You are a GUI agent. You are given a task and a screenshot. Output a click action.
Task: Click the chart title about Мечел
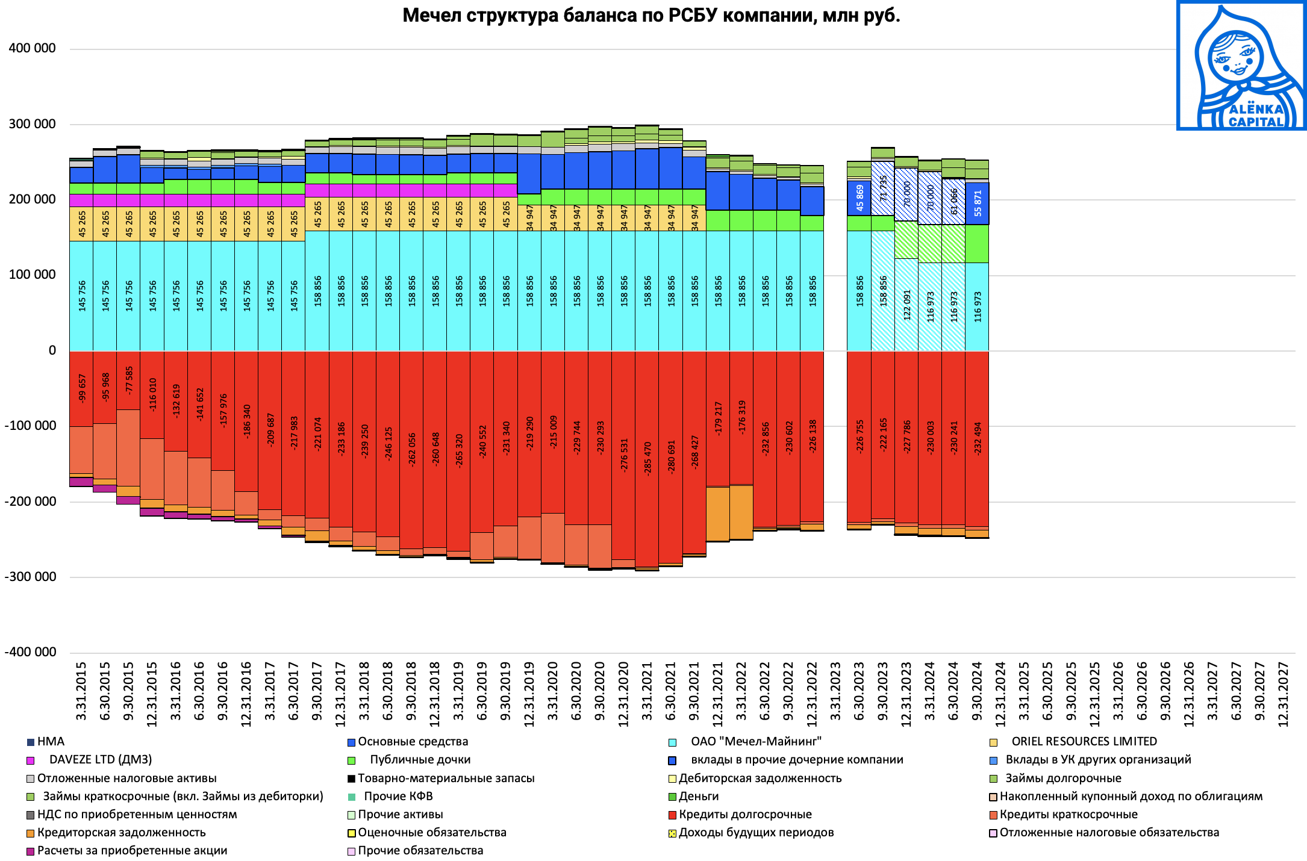pyautogui.click(x=651, y=15)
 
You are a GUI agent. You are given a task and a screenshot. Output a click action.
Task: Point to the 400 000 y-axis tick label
pyautogui.click(x=33, y=48)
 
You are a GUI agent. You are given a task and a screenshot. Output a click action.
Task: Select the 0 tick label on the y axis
pyautogui.click(x=52, y=350)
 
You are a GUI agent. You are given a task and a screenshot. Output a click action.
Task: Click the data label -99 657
pyautogui.click(x=82, y=388)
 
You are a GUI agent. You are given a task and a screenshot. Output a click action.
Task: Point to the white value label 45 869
pyautogui.click(x=859, y=197)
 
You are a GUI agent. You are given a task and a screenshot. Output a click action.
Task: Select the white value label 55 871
pyautogui.click(x=978, y=204)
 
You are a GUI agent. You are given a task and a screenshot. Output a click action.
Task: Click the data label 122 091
pyautogui.click(x=907, y=305)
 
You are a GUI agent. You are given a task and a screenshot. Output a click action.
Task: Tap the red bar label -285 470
pyautogui.click(x=647, y=458)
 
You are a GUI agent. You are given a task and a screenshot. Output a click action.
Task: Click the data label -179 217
pyautogui.click(x=718, y=418)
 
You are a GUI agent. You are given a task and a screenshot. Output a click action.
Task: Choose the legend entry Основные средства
pyautogui.click(x=413, y=742)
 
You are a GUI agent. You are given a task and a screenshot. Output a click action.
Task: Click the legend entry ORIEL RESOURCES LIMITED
pyautogui.click(x=1084, y=742)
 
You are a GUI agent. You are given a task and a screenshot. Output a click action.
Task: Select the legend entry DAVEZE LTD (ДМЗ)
pyautogui.click(x=100, y=760)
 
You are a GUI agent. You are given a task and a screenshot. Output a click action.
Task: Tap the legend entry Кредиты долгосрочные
pyautogui.click(x=745, y=815)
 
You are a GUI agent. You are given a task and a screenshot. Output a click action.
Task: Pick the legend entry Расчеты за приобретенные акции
pyautogui.click(x=132, y=851)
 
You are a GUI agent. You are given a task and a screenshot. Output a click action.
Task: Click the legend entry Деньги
pyautogui.click(x=699, y=797)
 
